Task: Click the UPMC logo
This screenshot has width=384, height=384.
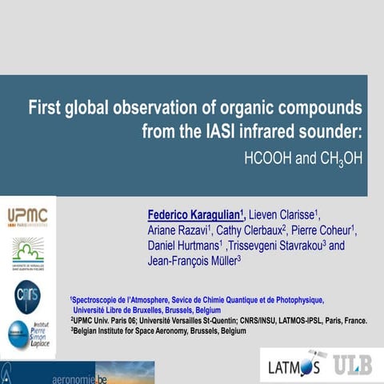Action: click(x=28, y=217)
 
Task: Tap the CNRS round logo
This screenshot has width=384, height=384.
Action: click(x=27, y=295)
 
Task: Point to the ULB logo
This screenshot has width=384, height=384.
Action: click(x=352, y=365)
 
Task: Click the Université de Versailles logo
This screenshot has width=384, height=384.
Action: click(x=28, y=254)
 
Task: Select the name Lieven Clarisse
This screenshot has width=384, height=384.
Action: click(x=284, y=215)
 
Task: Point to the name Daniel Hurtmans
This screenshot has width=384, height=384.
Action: click(x=185, y=246)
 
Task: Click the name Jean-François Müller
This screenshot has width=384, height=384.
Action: click(x=194, y=261)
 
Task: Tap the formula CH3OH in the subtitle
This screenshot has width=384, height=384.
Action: click(x=340, y=158)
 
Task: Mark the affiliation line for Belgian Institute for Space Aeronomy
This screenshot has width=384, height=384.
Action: click(x=160, y=330)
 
